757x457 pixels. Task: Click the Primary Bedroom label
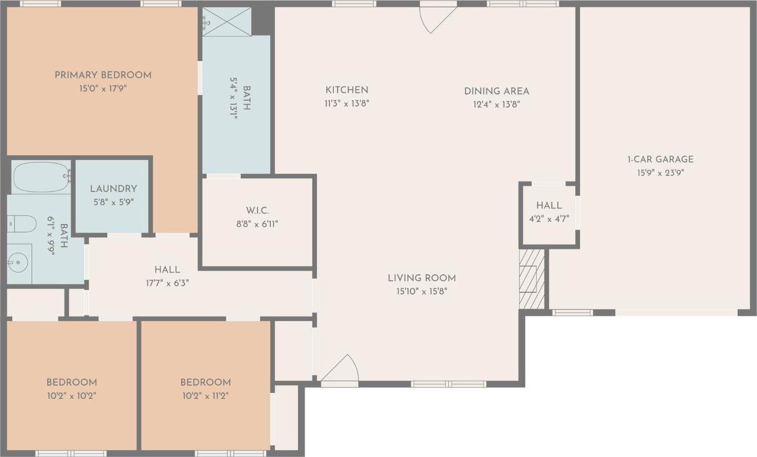[103, 75]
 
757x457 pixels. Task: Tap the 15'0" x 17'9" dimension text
[103, 89]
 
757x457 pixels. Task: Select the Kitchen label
[346, 90]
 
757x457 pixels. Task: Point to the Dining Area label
[496, 91]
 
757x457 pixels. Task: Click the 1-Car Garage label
[660, 159]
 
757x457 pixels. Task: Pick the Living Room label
[422, 278]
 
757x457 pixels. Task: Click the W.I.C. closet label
[257, 210]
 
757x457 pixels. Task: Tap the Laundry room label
[113, 188]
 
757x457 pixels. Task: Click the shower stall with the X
[227, 22]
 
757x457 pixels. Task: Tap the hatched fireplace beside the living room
[532, 279]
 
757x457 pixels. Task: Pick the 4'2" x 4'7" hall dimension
[549, 219]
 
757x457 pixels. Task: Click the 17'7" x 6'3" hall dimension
[167, 283]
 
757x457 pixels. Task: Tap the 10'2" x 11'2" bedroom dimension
[205, 396]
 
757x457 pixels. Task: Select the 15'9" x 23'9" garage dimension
[660, 173]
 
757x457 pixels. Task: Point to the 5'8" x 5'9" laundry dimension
[113, 202]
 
